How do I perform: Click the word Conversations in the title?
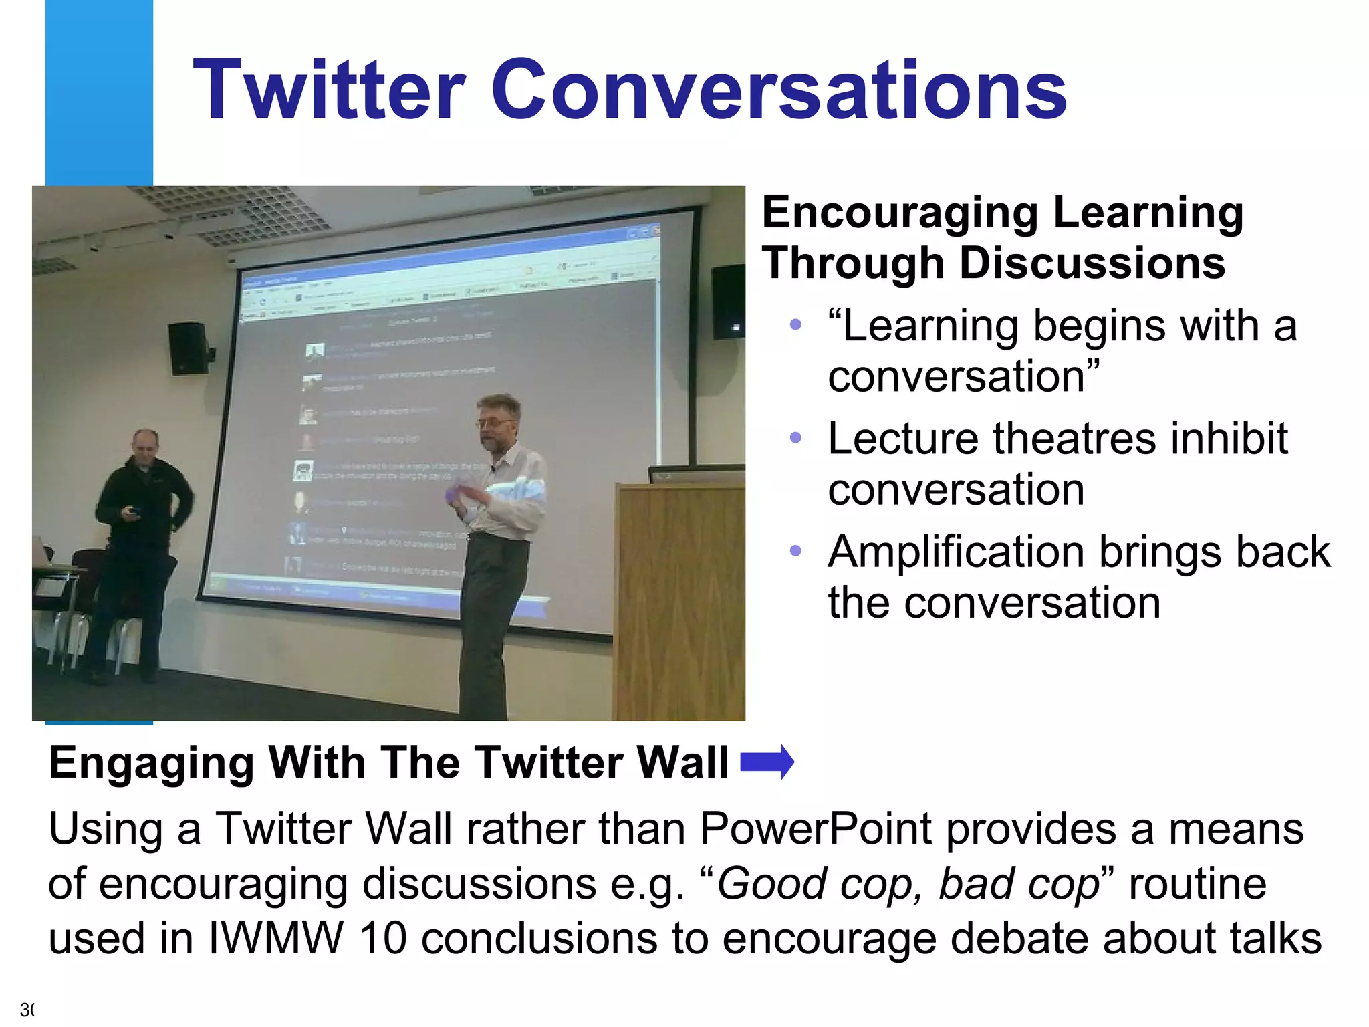click(778, 90)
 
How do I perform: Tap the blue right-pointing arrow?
click(767, 762)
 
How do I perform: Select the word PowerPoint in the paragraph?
click(815, 830)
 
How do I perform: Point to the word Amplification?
click(954, 553)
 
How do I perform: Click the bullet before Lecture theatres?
click(795, 438)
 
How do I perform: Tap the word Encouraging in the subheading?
click(900, 213)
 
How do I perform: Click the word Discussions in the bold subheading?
click(1093, 263)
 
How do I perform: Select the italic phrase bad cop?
click(1019, 884)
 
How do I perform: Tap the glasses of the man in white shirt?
click(495, 422)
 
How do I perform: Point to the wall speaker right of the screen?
click(728, 302)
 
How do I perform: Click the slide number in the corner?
click(27, 1009)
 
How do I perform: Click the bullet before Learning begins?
click(795, 325)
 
